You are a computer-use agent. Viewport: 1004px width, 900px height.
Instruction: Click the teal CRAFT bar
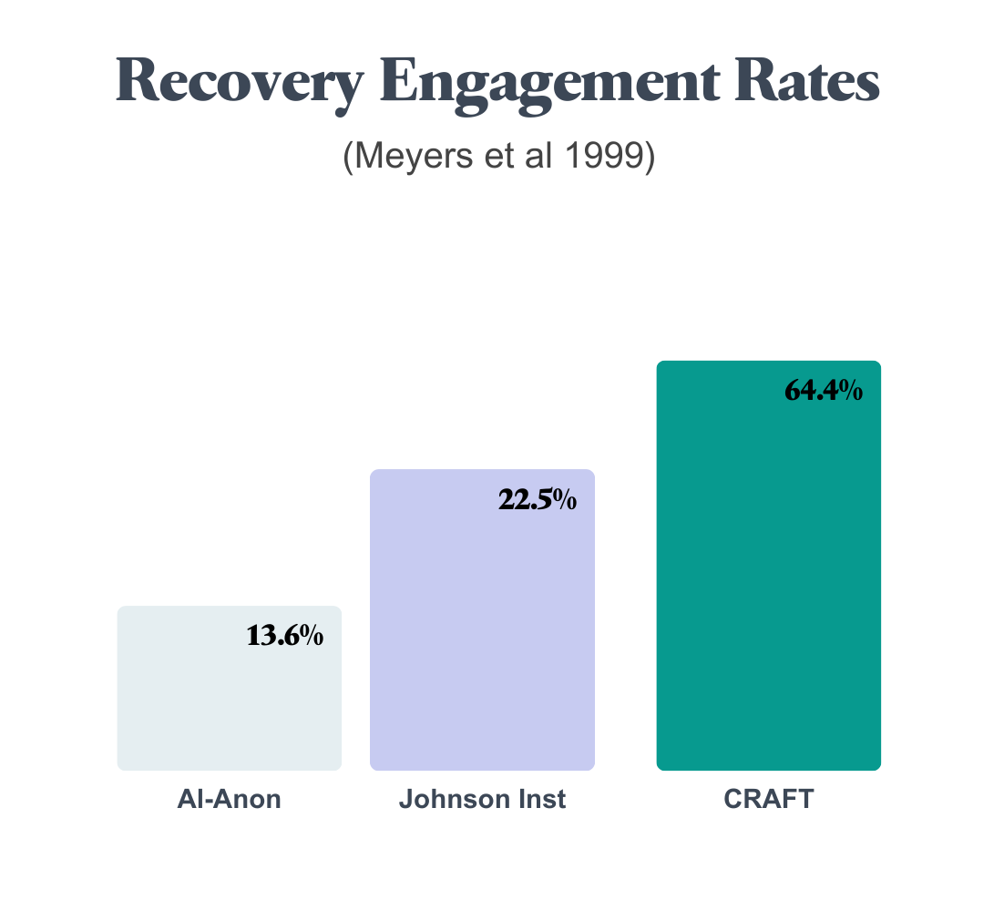point(768,583)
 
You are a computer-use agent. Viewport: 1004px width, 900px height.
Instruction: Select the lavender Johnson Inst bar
point(482,638)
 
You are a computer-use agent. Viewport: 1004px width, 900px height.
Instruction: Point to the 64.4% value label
point(824,391)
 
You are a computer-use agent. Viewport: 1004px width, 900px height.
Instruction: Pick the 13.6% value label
point(284,636)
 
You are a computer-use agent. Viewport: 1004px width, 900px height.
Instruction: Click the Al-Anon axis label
point(229,799)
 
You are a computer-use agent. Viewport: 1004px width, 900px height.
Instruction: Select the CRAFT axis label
point(768,799)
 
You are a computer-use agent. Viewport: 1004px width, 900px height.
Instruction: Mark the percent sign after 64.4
point(851,391)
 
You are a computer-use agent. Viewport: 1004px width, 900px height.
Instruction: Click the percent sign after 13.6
point(312,636)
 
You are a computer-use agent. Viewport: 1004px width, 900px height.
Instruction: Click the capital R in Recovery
point(135,82)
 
